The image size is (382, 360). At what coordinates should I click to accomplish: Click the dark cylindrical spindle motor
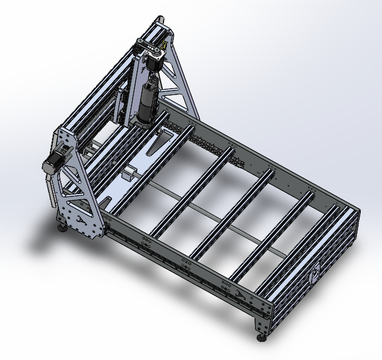click(x=146, y=103)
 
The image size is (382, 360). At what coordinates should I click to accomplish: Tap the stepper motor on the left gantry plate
click(x=53, y=163)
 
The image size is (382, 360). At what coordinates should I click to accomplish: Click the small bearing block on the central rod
click(x=130, y=173)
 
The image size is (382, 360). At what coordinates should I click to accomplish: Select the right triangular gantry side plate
click(x=177, y=80)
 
